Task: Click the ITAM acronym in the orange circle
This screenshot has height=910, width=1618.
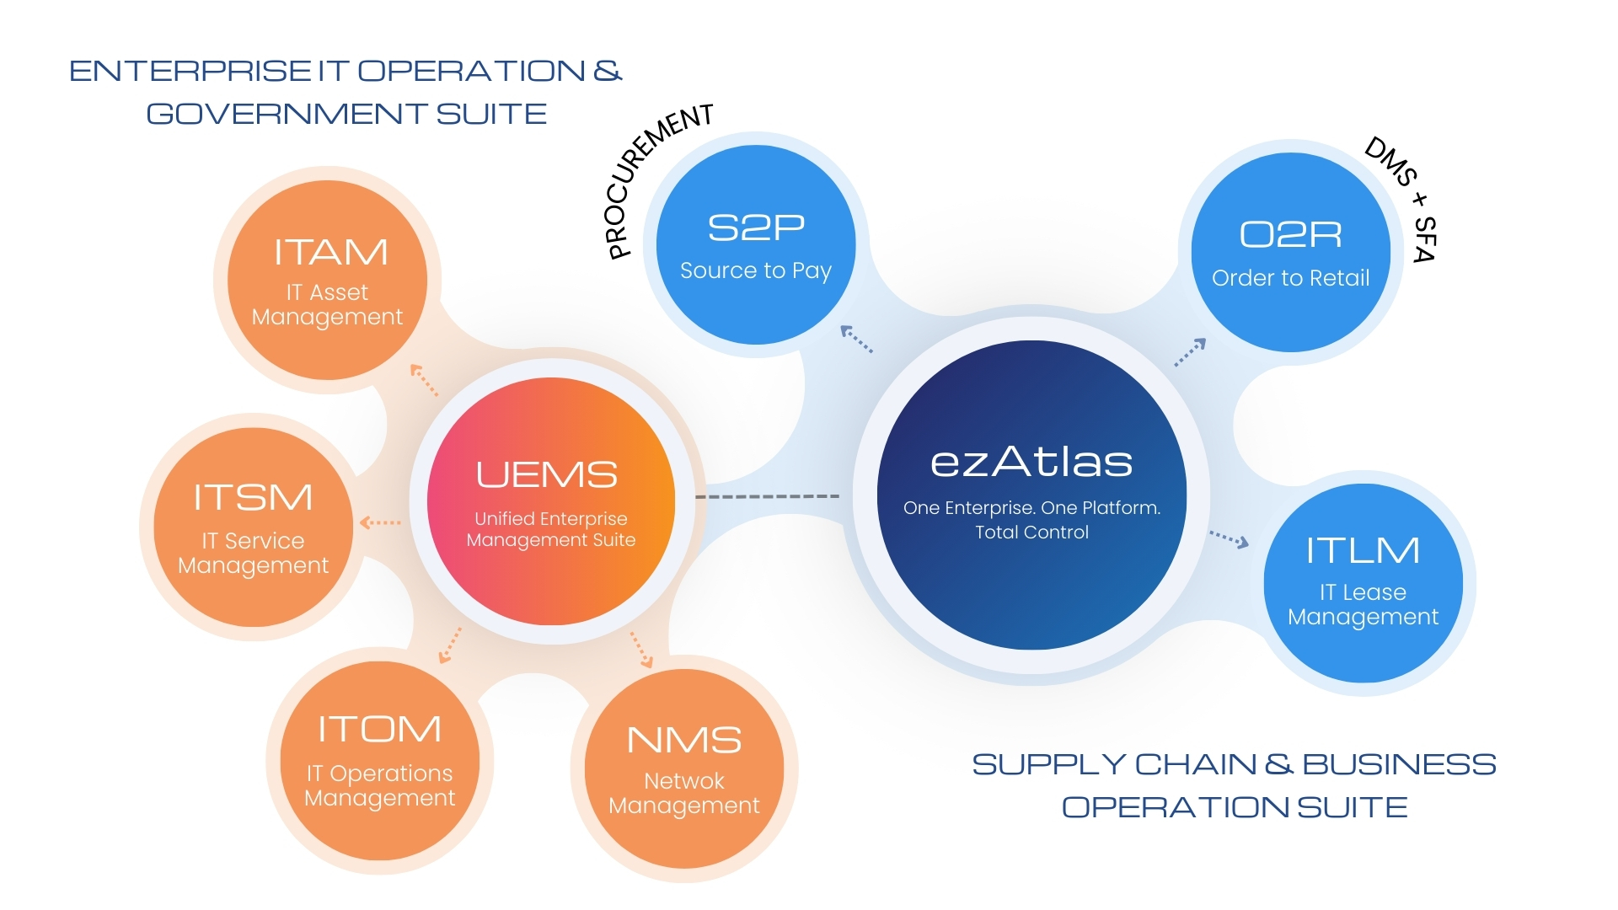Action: tap(330, 253)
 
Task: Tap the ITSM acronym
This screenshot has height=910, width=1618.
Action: tap(253, 497)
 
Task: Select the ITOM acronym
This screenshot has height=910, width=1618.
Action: tap(379, 730)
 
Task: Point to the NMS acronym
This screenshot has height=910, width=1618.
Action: tap(684, 741)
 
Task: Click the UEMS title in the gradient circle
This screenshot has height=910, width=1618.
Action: tap(547, 475)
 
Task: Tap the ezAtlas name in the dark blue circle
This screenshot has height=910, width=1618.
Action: tap(1031, 462)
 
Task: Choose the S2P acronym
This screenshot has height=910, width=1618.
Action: tap(756, 227)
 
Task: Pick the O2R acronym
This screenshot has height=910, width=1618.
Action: tap(1290, 235)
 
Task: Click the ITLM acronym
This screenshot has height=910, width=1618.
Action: tap(1363, 551)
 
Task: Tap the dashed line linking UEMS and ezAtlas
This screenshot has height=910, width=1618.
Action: tap(767, 496)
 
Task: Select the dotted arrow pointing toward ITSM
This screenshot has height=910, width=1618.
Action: tap(380, 522)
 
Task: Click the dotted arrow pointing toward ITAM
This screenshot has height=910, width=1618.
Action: tap(424, 379)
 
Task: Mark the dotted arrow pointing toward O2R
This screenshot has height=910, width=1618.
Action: tap(1191, 352)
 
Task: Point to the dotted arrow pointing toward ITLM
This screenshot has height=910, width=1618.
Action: tap(1229, 539)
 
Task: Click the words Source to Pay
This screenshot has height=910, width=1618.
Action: tap(756, 270)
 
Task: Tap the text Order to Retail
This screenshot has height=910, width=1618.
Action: tap(1290, 278)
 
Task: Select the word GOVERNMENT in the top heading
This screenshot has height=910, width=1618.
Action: tap(287, 114)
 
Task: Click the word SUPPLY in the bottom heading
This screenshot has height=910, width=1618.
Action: tap(1047, 764)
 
